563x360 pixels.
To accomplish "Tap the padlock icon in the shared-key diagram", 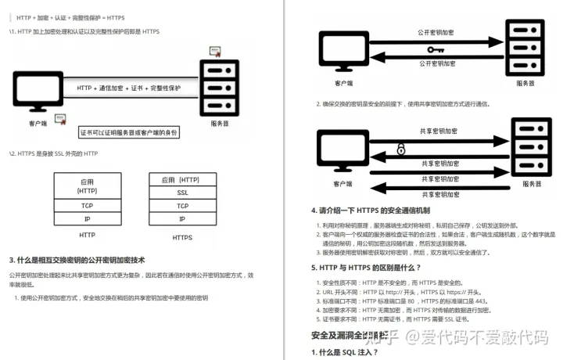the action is point(401,149).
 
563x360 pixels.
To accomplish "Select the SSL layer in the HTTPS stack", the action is point(181,192).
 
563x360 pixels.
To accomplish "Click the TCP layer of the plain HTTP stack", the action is point(87,206).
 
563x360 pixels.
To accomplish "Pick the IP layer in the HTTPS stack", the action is point(181,219).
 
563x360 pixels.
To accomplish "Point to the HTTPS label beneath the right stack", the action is point(181,237).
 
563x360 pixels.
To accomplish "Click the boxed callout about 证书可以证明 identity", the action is point(129,132).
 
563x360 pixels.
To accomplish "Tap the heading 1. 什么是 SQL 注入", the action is point(345,352).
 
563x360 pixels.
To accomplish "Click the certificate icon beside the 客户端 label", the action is point(66,119).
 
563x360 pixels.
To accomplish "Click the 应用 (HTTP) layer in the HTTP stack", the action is point(87,185).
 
